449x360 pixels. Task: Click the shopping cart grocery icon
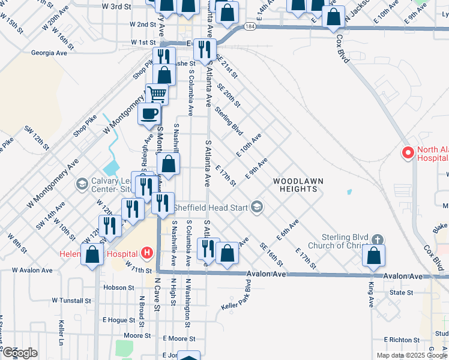[156, 94]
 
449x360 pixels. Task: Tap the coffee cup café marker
[149, 112]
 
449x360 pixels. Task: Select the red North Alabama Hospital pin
[408, 153]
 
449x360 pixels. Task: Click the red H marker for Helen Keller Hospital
[148, 253]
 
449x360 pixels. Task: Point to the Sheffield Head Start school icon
[257, 208]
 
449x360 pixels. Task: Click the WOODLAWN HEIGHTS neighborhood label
[294, 184]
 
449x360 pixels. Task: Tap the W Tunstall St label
[71, 300]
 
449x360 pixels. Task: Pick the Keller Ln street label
[61, 331]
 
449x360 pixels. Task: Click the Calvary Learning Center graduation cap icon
[82, 183]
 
